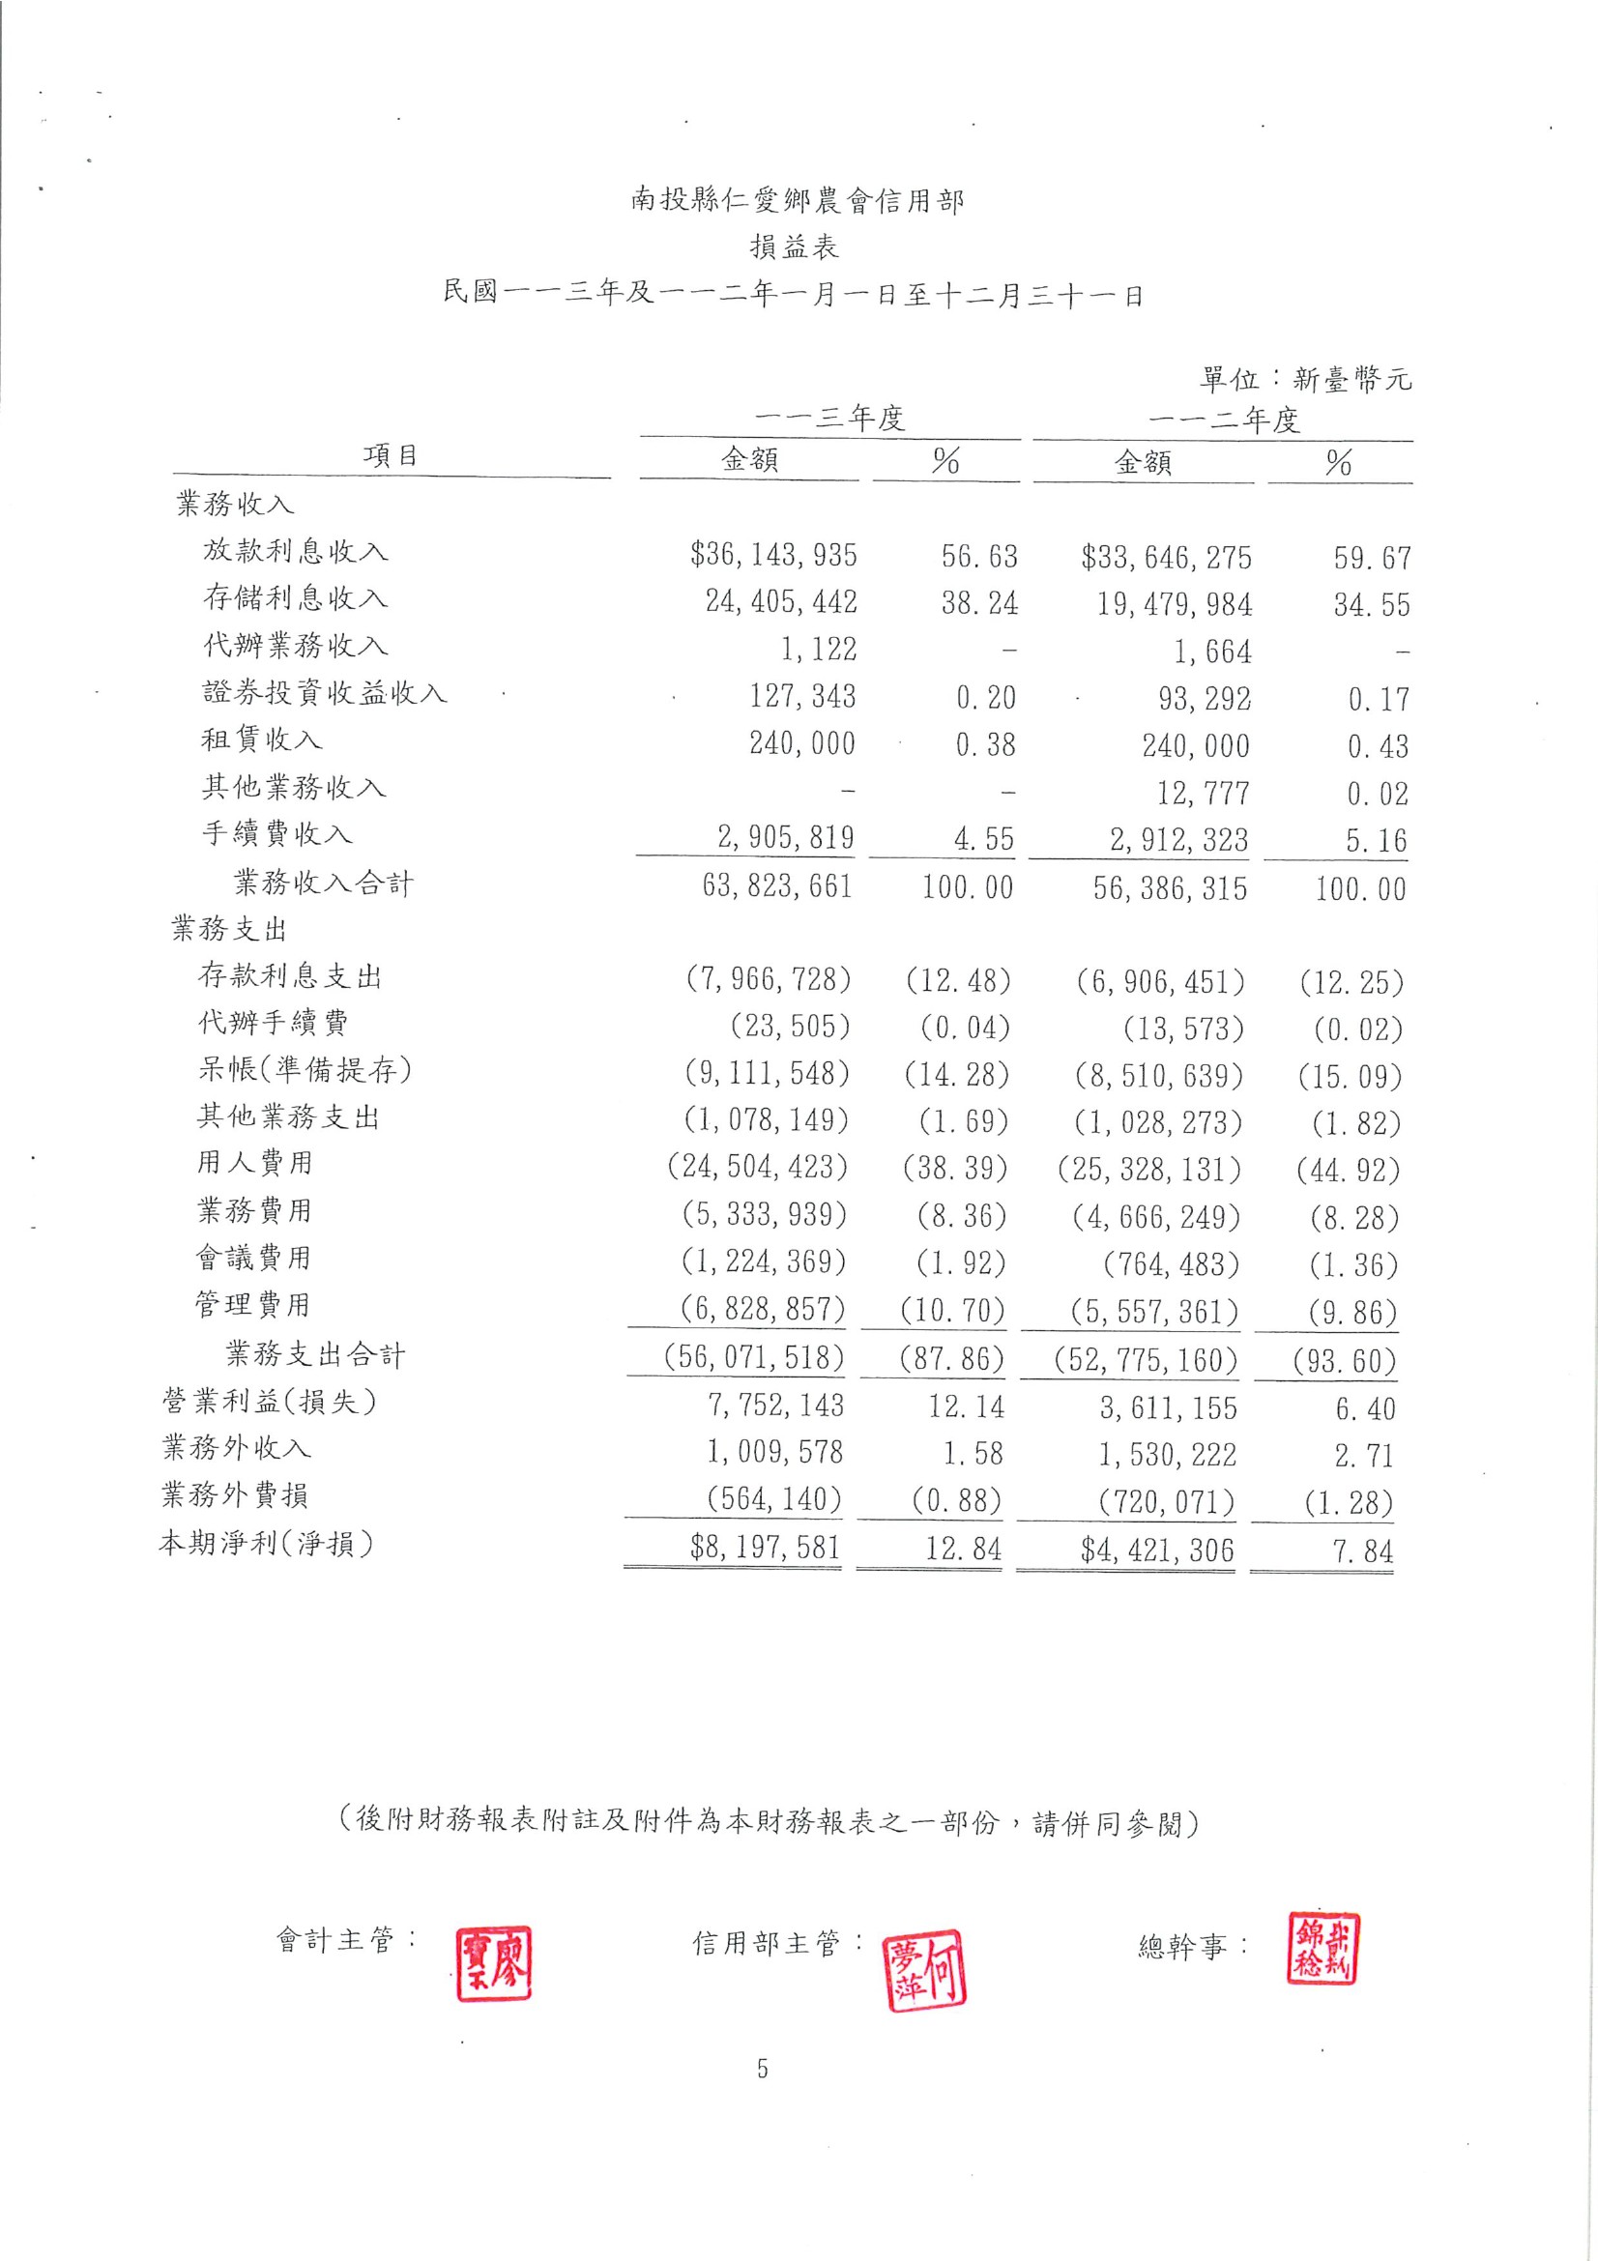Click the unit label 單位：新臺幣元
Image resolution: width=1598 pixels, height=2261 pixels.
1304,379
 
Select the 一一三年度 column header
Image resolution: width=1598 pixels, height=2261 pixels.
829,419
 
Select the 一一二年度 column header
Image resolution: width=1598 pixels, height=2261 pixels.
1224,420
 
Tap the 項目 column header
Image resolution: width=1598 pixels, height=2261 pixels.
391,455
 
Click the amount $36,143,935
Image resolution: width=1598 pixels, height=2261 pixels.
773,556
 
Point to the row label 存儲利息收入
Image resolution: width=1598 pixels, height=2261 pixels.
296,596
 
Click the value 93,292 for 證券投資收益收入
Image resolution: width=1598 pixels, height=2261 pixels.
1204,699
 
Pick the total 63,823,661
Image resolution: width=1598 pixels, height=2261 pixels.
777,886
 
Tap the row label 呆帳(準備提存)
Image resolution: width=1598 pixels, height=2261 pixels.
305,1069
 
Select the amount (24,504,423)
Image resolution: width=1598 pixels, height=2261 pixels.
757,1167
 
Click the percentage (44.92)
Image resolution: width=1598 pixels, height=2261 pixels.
1348,1171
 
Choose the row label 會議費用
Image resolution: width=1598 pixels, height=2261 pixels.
254,1258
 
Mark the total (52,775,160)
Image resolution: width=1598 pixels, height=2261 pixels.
1145,1360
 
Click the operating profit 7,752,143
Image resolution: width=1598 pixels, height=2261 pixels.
776,1406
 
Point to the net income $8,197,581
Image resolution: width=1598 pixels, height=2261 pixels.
765,1547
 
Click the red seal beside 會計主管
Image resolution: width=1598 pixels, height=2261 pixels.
493,1962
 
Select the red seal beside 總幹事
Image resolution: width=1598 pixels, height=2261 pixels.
1322,1949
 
